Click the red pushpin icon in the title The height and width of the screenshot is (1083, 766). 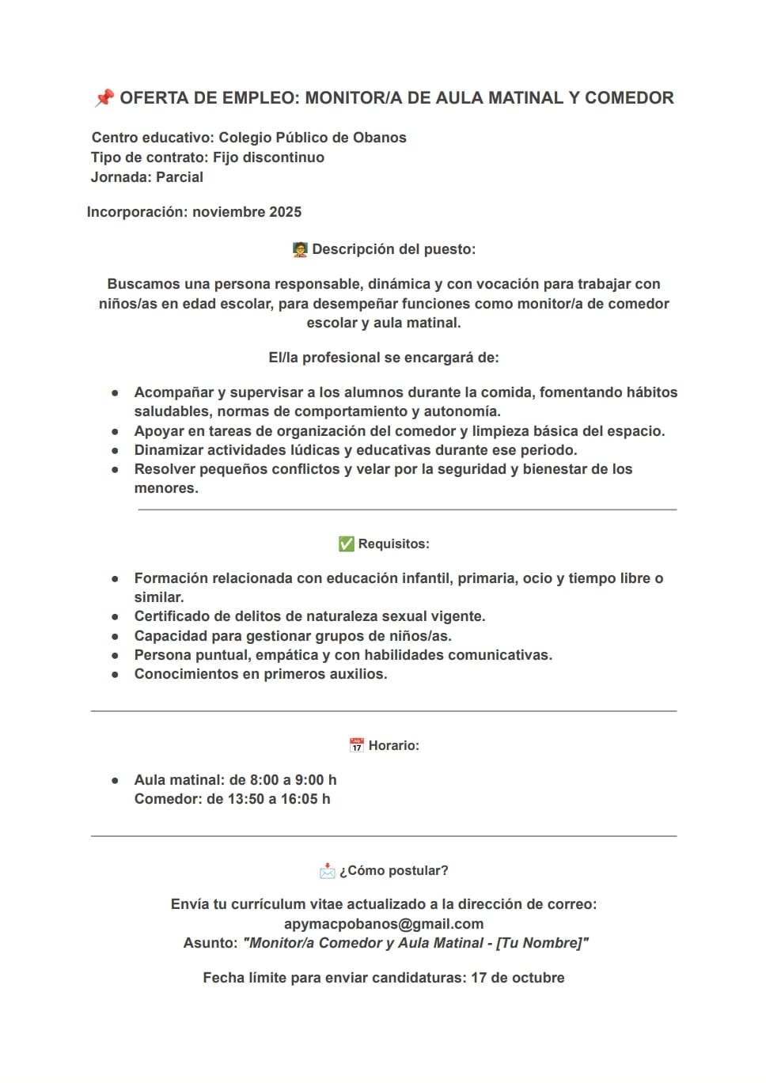tap(104, 98)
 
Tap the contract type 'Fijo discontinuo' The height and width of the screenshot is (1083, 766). tap(268, 157)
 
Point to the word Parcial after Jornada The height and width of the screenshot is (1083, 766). tap(180, 177)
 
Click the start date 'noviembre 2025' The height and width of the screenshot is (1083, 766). tap(247, 212)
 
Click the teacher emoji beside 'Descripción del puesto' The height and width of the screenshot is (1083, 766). tap(300, 250)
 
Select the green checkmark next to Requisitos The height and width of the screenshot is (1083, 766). tap(346, 544)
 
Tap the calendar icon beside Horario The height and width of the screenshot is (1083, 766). tap(356, 745)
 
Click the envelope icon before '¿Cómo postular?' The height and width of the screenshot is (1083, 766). tap(328, 871)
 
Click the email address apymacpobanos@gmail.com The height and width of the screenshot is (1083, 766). tap(384, 924)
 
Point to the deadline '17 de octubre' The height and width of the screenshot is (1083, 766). tap(518, 978)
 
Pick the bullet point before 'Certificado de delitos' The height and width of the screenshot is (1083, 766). tap(116, 616)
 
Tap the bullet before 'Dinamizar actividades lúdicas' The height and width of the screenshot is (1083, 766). tap(116, 450)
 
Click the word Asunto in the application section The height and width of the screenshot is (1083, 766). tap(210, 943)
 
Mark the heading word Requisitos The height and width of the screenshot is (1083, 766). tap(393, 544)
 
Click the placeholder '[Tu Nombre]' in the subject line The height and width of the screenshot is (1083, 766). tap(541, 943)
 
